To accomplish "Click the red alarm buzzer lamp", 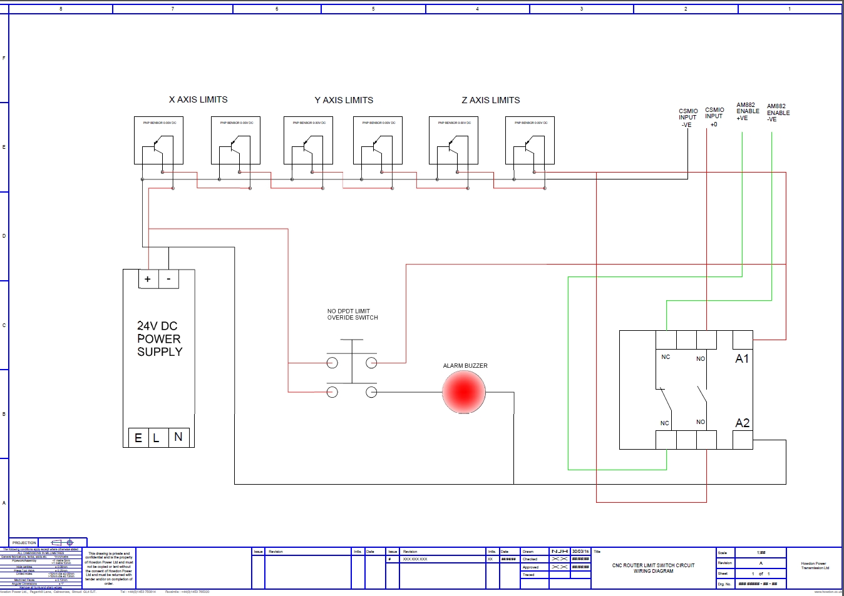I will pos(463,392).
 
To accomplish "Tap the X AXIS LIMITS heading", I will pos(198,99).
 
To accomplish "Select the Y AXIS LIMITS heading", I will pos(344,100).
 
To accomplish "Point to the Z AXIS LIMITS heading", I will pos(491,100).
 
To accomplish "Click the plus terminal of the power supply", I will pos(148,279).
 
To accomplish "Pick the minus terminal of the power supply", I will pos(168,279).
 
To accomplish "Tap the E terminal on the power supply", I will pos(138,438).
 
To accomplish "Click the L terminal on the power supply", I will pos(157,438).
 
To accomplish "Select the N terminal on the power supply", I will pos(178,437).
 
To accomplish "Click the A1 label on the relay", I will pos(742,358).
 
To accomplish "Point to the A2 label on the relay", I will pos(742,423).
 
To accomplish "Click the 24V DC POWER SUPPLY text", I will pos(160,339).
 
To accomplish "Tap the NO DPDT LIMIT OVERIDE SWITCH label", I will pos(353,314).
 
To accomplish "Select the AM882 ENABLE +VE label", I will pos(747,111).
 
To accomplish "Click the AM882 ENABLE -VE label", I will pos(778,113).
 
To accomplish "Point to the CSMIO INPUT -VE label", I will pos(687,118).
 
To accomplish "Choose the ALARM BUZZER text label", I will pos(465,366).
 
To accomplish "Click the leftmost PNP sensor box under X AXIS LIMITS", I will pos(158,141).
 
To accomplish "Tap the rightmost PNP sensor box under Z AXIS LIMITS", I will pos(530,141).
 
